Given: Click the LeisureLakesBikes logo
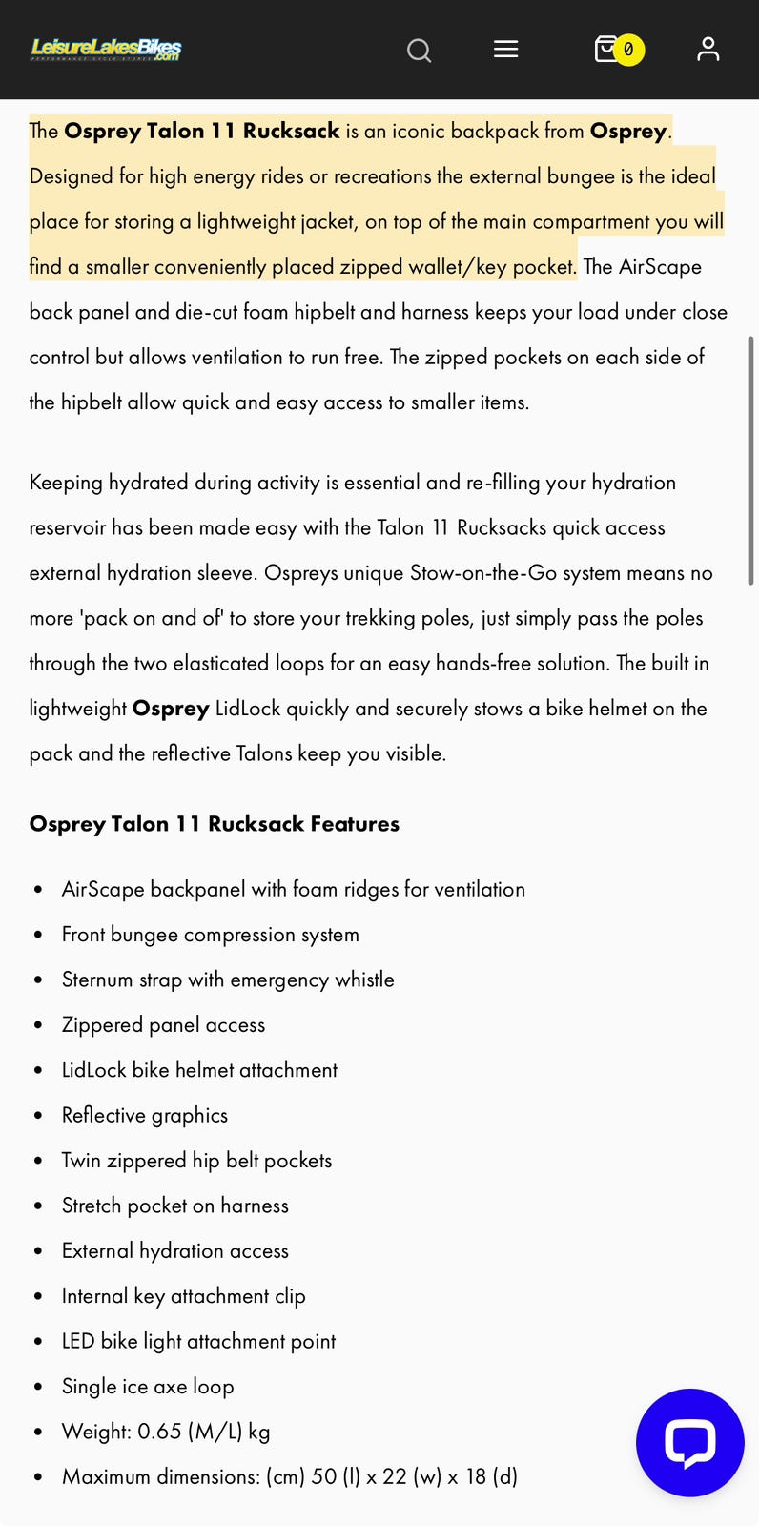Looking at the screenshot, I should tap(106, 49).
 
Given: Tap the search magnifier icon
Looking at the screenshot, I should tap(419, 50).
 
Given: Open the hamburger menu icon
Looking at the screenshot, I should tap(505, 49).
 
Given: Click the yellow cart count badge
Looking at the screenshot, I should tap(628, 50).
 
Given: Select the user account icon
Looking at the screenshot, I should tap(708, 49).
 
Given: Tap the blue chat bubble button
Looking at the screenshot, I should tap(689, 1442).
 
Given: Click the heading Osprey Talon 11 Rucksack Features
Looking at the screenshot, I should tap(214, 824).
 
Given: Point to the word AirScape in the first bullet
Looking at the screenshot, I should tap(103, 889).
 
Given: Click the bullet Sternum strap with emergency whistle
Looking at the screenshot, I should tap(228, 980).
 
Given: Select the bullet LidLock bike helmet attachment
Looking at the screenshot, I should tap(199, 1070).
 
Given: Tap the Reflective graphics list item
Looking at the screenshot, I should tap(145, 1115).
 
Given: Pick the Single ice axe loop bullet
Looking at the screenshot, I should tap(148, 1387).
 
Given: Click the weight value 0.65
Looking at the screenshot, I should tap(159, 1432).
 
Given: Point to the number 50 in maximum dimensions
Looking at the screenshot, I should tap(324, 1476).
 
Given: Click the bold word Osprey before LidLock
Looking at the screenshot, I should tap(171, 709).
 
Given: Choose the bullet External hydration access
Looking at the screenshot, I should tap(174, 1250).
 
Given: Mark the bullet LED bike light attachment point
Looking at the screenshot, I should tap(198, 1341).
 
